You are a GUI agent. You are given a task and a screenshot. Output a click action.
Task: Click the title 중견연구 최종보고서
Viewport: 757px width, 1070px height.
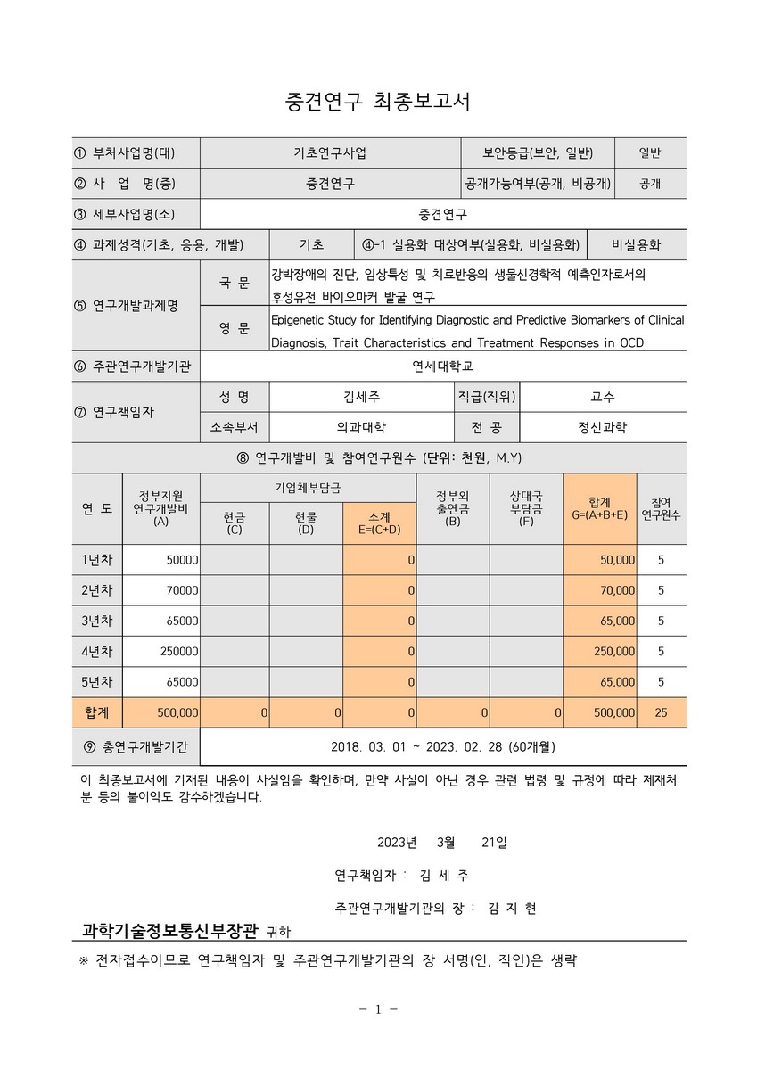(377, 102)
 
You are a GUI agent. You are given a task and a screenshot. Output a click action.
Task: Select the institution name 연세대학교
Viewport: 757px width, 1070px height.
(443, 365)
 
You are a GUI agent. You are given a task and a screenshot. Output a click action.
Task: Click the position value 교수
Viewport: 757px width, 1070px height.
(602, 396)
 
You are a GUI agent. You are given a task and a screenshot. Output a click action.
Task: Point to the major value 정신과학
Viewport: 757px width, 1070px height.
(602, 427)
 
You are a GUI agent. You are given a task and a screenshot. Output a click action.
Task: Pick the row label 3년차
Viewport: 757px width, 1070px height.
(97, 621)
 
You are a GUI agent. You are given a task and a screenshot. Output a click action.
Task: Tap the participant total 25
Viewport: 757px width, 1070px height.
(661, 713)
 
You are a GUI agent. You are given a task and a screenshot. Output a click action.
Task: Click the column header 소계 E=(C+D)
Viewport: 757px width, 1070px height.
(379, 523)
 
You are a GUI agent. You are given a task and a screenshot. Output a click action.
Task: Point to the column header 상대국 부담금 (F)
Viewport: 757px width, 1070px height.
(526, 508)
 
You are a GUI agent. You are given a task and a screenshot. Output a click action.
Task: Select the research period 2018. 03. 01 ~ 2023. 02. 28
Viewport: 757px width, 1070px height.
(443, 745)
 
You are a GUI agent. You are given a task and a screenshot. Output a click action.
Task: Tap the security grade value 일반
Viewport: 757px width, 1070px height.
(649, 152)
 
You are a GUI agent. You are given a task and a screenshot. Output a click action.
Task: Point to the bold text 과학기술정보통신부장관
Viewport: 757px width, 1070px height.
(169, 931)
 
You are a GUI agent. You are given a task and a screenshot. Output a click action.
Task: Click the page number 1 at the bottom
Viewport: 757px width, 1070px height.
(378, 1009)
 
